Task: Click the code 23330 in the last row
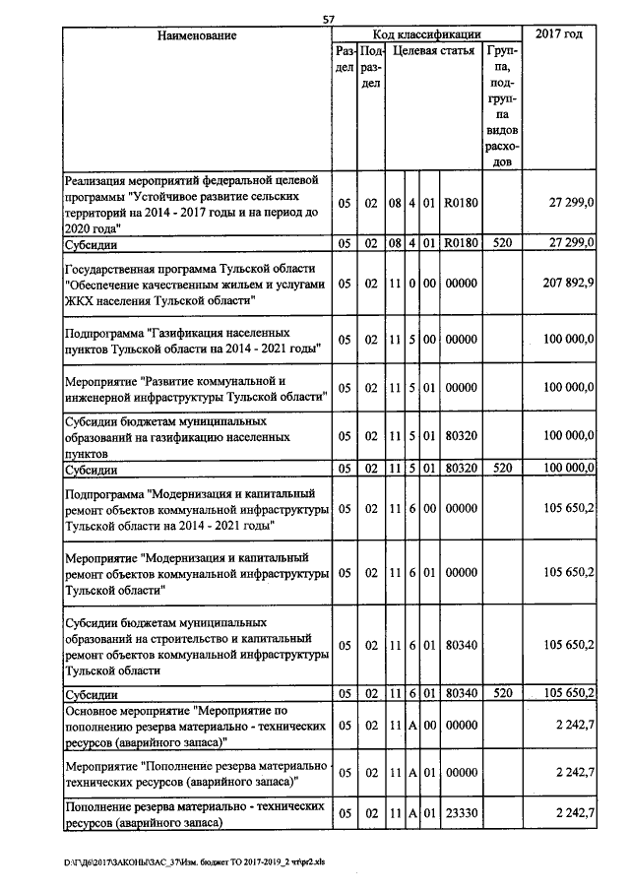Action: click(x=461, y=813)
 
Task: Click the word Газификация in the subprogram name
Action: click(x=196, y=333)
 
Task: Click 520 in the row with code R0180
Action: click(x=502, y=242)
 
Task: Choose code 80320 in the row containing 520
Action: click(x=461, y=471)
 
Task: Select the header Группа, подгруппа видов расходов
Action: click(x=502, y=105)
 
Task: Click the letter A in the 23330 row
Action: click(x=413, y=813)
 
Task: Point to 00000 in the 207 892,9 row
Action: click(x=461, y=284)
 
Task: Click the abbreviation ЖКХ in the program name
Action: click(x=81, y=299)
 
